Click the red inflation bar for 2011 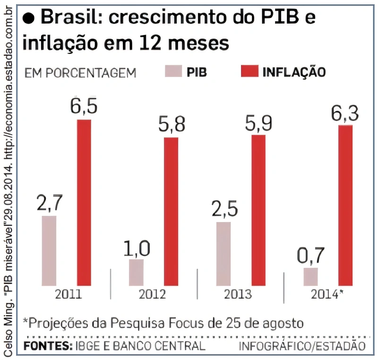point(84,203)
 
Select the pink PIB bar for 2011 point(49,251)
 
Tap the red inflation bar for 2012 point(171,212)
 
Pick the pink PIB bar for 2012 point(136,273)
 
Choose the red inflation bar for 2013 point(258,211)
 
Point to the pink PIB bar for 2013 point(223,254)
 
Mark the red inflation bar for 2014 point(345,206)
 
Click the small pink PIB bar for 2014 point(311,277)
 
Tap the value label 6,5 point(84,107)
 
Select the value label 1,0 point(137,248)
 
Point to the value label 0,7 point(311,256)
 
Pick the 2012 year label point(152,294)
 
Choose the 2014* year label point(326,294)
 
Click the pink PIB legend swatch point(173,72)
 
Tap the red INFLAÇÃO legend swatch point(249,72)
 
